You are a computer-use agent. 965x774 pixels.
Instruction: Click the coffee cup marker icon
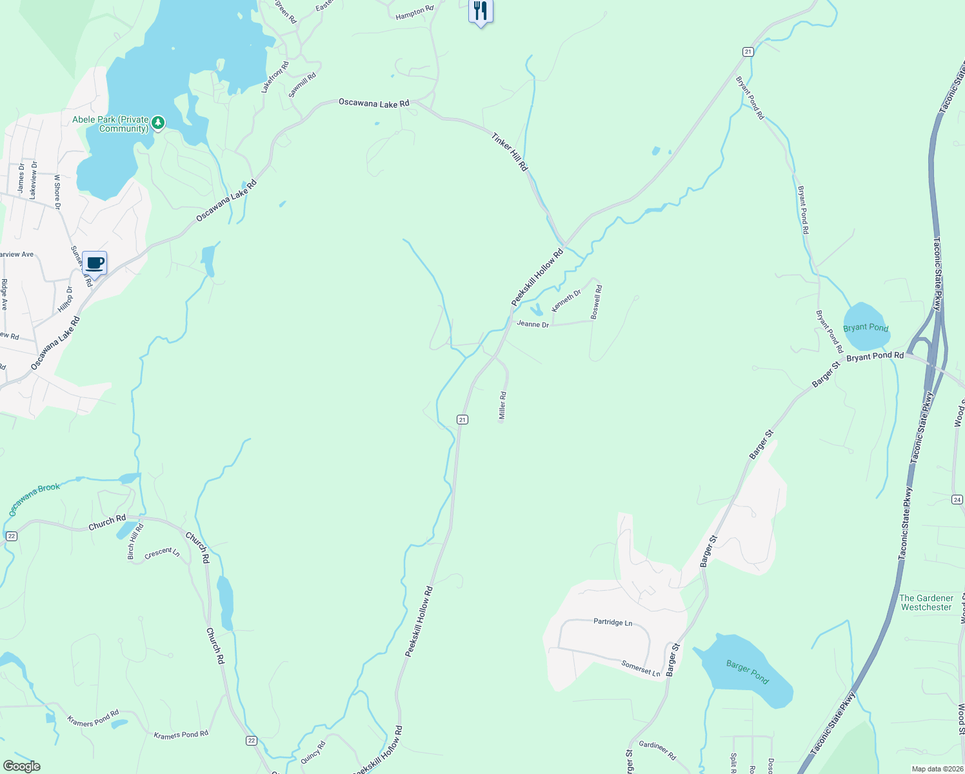coord(95,263)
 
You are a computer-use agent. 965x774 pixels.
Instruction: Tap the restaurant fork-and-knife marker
coord(481,11)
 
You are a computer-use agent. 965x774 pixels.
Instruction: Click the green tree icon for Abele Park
coord(158,122)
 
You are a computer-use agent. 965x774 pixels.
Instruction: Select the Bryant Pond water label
coord(866,328)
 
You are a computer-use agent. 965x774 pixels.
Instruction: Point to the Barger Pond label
coord(747,671)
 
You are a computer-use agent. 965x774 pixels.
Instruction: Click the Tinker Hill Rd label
coord(510,152)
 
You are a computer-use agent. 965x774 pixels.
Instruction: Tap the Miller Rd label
coord(502,406)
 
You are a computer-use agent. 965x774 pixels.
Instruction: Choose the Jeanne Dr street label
coord(533,324)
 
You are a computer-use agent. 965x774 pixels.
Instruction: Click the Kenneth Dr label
coord(566,301)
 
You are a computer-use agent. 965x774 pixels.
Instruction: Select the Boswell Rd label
coord(597,302)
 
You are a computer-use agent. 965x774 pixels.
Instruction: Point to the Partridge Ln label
coord(613,622)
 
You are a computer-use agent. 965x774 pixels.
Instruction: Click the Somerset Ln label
coord(641,668)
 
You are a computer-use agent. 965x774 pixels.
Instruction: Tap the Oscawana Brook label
coord(34,499)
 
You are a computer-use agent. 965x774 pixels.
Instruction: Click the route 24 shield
coord(957,500)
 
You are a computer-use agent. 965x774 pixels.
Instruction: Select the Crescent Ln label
coord(162,553)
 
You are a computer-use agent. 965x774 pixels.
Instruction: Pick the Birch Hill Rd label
coord(135,541)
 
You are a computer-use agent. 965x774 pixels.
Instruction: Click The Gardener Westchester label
coord(926,602)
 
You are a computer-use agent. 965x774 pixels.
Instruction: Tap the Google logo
coord(22,766)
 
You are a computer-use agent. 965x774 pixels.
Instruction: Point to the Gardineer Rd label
coord(657,750)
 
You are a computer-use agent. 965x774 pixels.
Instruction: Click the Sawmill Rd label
coord(302,85)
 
